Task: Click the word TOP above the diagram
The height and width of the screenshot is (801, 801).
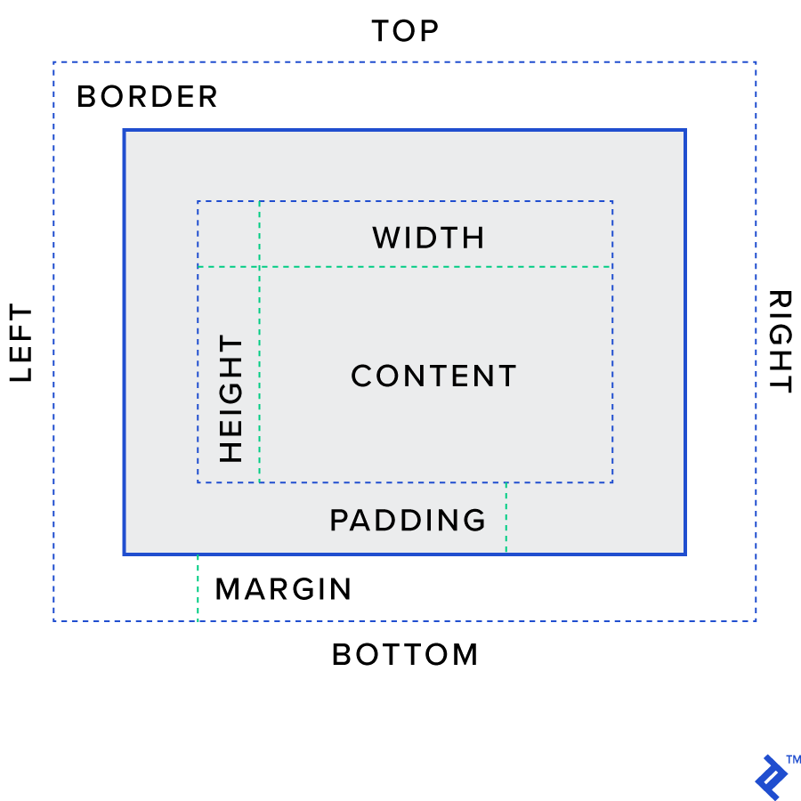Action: [405, 32]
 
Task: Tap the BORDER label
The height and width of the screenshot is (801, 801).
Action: [148, 97]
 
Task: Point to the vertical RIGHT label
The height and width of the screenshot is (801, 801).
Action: [780, 341]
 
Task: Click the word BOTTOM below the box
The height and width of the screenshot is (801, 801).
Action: [405, 655]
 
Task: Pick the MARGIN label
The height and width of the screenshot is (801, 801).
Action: [284, 589]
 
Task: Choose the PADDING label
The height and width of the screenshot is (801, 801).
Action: [408, 521]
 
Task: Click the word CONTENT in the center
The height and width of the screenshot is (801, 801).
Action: [433, 376]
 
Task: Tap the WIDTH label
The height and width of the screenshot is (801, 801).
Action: [428, 238]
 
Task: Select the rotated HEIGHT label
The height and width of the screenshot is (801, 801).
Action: [231, 398]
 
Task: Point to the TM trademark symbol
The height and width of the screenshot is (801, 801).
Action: [794, 760]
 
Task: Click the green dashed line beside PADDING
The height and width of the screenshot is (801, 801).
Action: [506, 518]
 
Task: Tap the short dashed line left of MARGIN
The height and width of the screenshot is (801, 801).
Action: [198, 587]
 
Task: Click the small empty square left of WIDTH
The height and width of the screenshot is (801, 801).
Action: [228, 233]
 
